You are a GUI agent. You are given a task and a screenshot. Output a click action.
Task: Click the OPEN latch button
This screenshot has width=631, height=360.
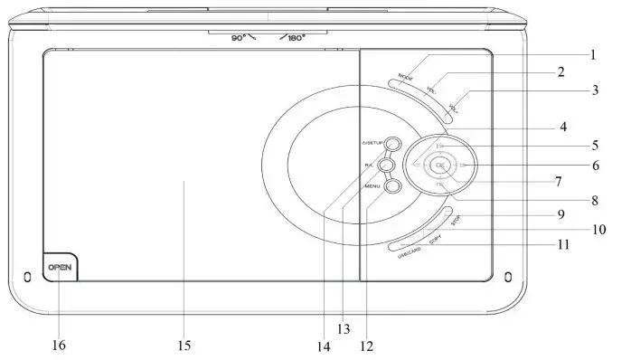(x=59, y=268)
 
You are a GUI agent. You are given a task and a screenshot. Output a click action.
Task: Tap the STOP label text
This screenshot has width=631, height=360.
(x=457, y=220)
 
